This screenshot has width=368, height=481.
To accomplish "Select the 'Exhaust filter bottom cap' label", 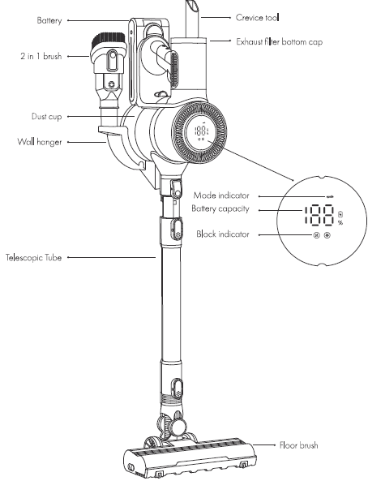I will pos(280,40).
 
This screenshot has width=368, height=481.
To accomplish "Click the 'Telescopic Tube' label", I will pos(37,258).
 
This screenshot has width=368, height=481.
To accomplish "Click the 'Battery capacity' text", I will pos(221,208).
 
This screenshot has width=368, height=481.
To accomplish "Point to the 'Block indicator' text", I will pos(223,234).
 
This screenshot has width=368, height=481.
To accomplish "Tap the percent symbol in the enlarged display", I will pos(340,222).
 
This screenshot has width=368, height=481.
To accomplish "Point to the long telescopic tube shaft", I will pos(171,308).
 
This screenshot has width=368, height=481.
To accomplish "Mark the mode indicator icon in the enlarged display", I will pos(329,195).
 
